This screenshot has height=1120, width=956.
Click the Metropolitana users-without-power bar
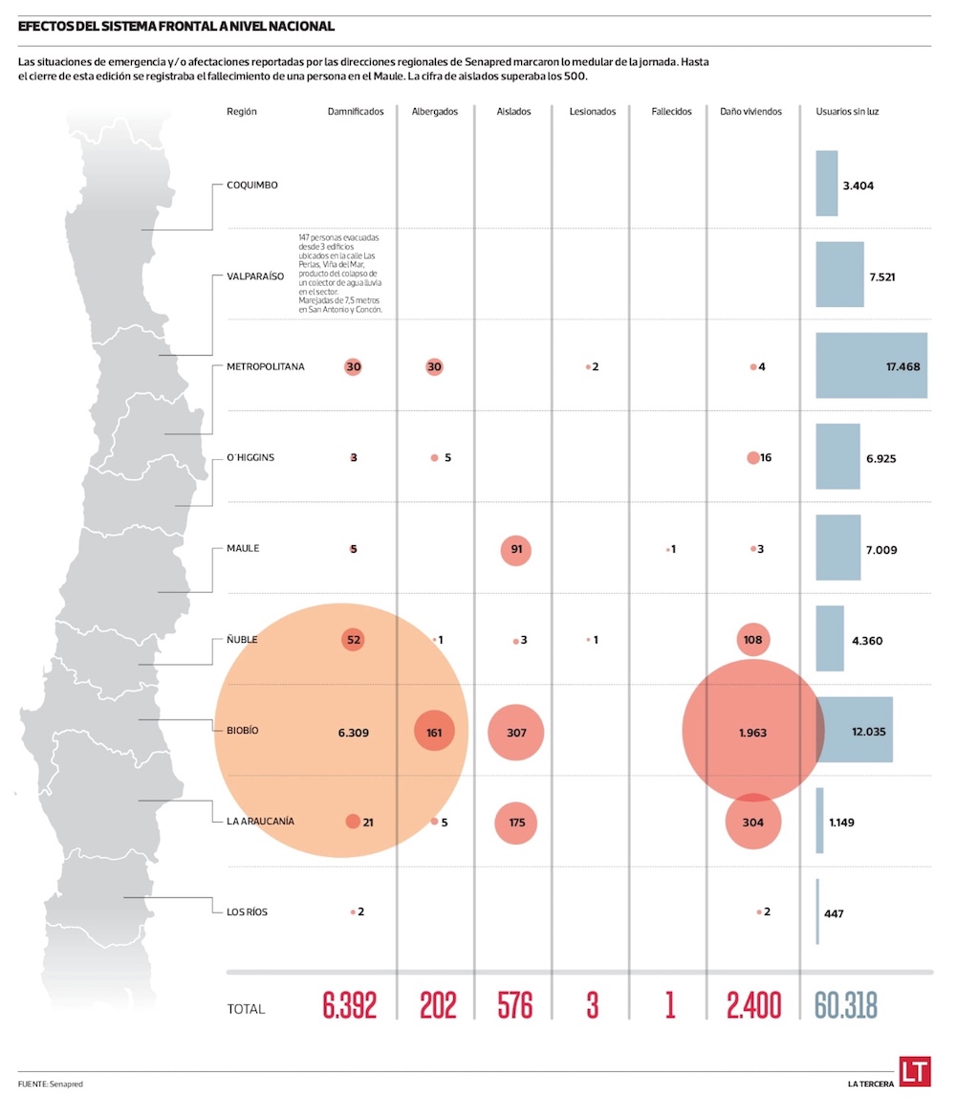point(871,365)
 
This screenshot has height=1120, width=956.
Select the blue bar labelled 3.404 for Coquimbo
point(827,184)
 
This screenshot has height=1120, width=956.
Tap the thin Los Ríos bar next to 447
point(817,911)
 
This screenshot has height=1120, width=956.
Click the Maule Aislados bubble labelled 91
point(515,550)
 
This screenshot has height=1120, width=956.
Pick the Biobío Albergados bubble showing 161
point(434,732)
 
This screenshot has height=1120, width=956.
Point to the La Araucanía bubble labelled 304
point(753,821)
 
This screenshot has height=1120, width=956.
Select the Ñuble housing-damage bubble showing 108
point(753,640)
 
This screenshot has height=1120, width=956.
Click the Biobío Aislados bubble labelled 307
point(515,732)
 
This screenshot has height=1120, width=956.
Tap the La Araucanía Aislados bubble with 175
point(515,823)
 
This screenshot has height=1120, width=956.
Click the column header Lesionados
point(592,112)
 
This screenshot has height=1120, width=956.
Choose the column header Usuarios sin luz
point(847,112)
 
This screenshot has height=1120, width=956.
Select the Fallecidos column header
point(671,112)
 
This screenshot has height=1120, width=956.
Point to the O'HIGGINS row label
point(250,457)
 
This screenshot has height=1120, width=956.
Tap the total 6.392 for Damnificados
point(350,1005)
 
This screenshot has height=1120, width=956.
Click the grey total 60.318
point(846,1005)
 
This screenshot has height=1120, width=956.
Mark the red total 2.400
point(753,1005)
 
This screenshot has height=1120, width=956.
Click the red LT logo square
point(915,1071)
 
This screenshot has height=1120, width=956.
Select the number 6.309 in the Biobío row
point(354,733)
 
